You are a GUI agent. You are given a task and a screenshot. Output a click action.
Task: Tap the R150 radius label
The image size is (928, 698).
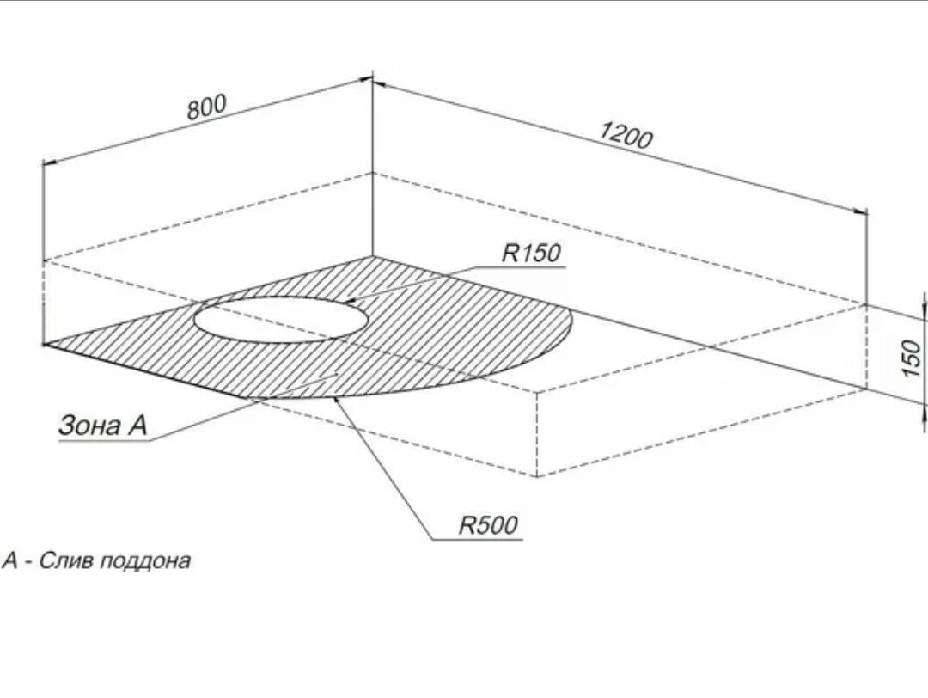click(530, 254)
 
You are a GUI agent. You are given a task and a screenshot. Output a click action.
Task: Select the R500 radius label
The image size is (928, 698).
click(489, 525)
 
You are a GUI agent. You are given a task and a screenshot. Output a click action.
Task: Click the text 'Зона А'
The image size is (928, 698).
click(102, 425)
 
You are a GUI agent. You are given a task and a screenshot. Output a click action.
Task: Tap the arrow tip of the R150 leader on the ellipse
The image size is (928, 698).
click(350, 302)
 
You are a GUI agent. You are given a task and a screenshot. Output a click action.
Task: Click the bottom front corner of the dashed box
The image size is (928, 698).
click(537, 476)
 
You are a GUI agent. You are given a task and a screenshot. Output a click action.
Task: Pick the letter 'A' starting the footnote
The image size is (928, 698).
click(10, 561)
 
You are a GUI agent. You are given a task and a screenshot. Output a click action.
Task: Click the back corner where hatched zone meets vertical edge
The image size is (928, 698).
click(373, 256)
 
